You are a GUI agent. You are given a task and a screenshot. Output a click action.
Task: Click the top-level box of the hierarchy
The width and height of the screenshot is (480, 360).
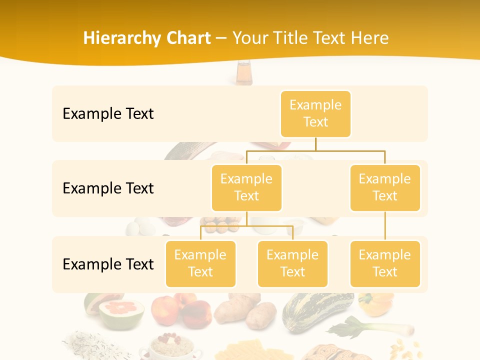[x=315, y=114]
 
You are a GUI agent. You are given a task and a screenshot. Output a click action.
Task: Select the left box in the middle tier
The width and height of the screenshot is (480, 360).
[x=246, y=187]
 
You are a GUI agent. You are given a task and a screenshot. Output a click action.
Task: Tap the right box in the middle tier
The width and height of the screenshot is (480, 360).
[x=385, y=187]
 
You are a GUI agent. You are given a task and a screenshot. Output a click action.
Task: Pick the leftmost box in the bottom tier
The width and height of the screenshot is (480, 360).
[x=200, y=263]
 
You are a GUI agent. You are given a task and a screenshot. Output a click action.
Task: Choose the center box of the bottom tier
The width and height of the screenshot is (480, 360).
[x=292, y=263]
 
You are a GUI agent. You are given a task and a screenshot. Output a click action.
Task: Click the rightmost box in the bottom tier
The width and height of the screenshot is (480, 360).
[x=385, y=263]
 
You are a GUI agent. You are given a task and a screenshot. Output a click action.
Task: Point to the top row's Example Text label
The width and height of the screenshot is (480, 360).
[x=108, y=114]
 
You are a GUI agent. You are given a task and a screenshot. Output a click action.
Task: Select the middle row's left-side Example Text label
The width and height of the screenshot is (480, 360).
[x=108, y=188]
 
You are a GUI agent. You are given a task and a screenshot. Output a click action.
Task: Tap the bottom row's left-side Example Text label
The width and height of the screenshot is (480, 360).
[x=108, y=264]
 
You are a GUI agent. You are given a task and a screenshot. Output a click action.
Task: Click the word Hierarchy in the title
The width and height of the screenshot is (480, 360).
[x=122, y=38]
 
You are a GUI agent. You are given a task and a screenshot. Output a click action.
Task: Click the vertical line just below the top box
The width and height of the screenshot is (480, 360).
[x=315, y=143]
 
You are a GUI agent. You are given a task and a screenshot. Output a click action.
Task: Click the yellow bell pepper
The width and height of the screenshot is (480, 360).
[x=375, y=303]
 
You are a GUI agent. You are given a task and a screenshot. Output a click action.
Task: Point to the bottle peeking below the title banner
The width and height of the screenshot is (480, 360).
[x=244, y=74]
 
